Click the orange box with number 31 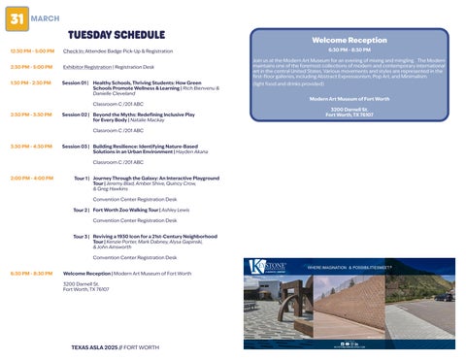coord(17,18)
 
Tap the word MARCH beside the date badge coord(44,17)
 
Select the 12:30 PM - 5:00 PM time coord(31,50)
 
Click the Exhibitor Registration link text coord(86,67)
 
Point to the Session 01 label coord(75,83)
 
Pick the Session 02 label coord(75,115)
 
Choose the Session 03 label coord(75,147)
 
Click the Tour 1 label coord(81,179)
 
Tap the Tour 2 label coord(81,210)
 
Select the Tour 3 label coord(81,236)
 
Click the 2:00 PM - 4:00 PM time coord(31,179)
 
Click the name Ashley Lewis coord(175,210)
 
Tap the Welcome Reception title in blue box coord(349,40)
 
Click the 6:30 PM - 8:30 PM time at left coord(31,274)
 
